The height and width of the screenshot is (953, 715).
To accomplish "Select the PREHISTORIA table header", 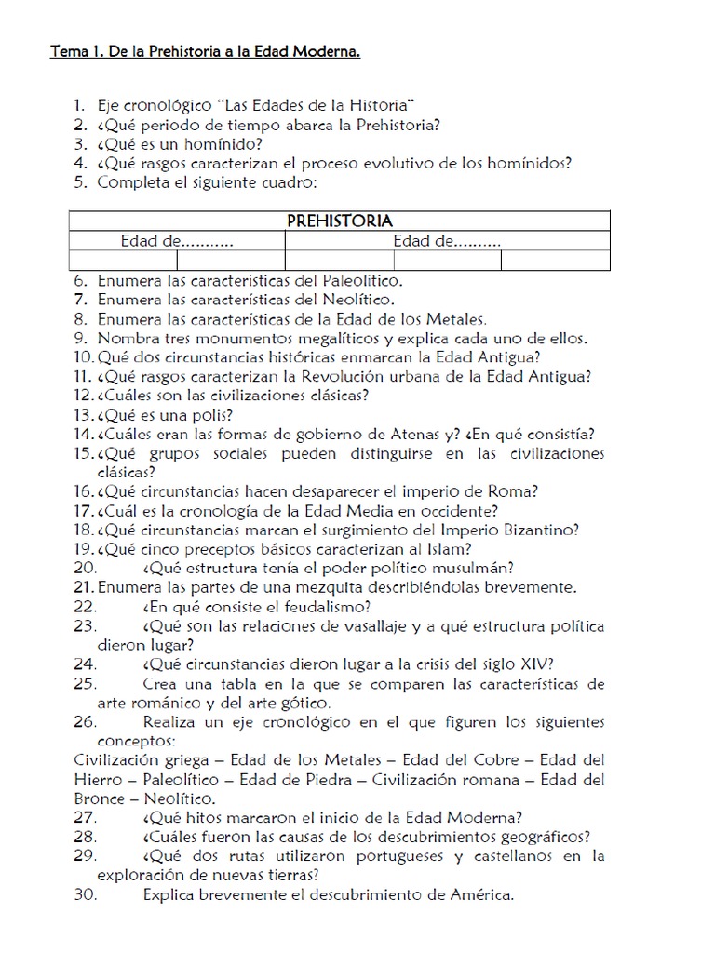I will (x=340, y=221).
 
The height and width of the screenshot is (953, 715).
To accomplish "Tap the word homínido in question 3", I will (x=224, y=143).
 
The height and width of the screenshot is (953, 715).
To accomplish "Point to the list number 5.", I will (x=80, y=181).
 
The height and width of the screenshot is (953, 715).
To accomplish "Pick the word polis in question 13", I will (x=211, y=415).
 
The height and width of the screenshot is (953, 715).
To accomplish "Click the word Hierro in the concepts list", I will (x=97, y=779).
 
